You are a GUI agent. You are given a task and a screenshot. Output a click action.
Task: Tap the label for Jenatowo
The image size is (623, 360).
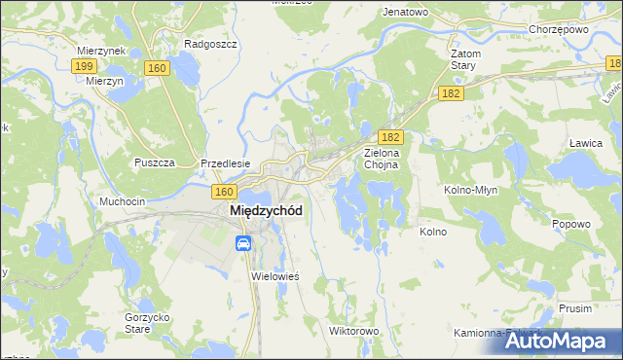click(x=406, y=12)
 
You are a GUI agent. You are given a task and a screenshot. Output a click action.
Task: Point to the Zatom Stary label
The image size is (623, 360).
click(x=461, y=59)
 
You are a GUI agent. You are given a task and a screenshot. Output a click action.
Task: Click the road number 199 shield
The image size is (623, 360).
click(x=84, y=65)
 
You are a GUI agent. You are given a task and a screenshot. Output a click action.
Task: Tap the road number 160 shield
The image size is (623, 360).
click(x=156, y=67)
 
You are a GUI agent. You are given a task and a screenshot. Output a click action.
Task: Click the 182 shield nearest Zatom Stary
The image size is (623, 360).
click(x=450, y=92)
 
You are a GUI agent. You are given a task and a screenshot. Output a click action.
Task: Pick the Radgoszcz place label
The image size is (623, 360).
click(x=205, y=44)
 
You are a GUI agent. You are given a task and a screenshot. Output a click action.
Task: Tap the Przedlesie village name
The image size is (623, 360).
click(x=226, y=163)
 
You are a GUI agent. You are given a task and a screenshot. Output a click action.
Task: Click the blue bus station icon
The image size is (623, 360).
click(x=242, y=243)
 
